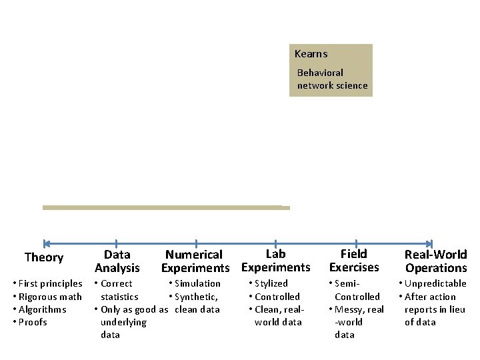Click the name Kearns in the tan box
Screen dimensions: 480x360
click(x=311, y=54)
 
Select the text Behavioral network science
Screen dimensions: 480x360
click(x=332, y=79)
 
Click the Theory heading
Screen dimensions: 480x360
click(x=44, y=258)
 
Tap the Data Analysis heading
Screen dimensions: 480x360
click(x=117, y=261)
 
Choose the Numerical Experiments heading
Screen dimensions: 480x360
click(x=194, y=261)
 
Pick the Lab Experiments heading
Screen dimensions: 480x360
click(x=275, y=261)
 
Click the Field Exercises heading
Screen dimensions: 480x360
click(x=354, y=261)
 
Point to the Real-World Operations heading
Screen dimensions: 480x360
click(x=436, y=261)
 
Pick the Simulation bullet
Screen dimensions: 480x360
click(x=197, y=283)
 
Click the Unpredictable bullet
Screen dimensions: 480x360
click(x=436, y=283)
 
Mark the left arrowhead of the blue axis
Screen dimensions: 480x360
click(x=45, y=244)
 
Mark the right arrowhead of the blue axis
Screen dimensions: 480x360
click(x=430, y=244)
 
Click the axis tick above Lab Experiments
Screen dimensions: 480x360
click(x=275, y=244)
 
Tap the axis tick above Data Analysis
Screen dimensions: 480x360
click(x=117, y=244)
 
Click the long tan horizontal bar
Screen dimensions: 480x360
click(x=166, y=207)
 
